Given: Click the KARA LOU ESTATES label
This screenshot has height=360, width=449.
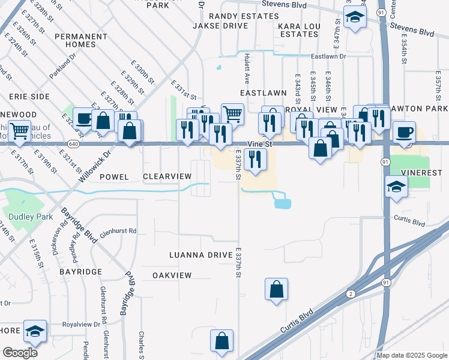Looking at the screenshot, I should coord(298,31).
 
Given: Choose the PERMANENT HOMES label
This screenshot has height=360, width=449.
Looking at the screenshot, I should coord(80,40).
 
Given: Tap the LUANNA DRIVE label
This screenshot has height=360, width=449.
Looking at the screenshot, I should coord(200,255).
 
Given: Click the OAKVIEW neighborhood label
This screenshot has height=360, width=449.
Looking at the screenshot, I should coord(172,275).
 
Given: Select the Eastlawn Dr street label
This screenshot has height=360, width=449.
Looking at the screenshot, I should coord(329,56).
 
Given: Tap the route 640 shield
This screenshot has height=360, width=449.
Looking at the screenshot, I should coord(73,145).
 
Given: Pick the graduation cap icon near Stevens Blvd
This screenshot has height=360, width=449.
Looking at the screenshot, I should coord(355,17).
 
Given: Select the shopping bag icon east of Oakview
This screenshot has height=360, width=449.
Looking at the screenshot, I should coord(276,289).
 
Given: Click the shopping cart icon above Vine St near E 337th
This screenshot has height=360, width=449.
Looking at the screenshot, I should coord(232,112).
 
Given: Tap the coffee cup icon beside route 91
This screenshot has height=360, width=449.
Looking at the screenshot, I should coord(404,131).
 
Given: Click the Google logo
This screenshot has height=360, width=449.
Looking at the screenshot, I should coord(20,353).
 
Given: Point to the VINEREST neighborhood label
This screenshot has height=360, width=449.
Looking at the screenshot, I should coord(424,171).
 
